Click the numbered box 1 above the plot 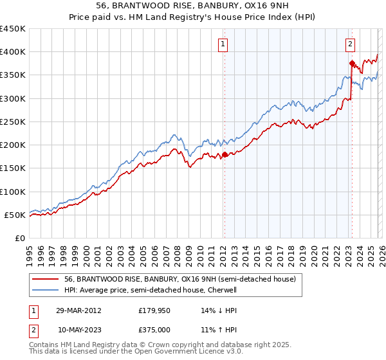[223, 44]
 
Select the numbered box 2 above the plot [350, 44]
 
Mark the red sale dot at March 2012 [225, 154]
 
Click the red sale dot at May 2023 [352, 63]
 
